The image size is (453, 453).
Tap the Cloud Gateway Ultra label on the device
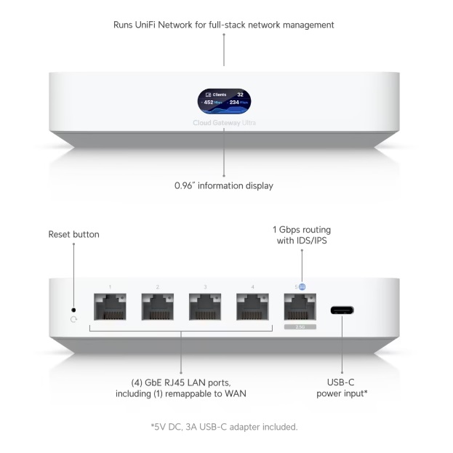tap(224, 123)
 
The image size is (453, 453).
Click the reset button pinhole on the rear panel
tap(73, 310)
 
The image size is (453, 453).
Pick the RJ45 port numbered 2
tap(157, 308)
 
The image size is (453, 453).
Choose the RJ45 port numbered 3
tap(205, 308)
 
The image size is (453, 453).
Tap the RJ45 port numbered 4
tap(253, 308)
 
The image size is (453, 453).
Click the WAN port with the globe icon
tap(300, 308)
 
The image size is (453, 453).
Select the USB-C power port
tap(342, 310)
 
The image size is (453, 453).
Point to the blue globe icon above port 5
tap(302, 286)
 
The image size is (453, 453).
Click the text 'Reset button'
tap(73, 234)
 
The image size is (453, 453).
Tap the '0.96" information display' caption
tap(224, 185)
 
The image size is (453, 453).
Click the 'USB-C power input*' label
tap(342, 388)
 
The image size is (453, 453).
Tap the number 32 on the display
tap(240, 95)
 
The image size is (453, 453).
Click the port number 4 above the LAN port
tap(253, 287)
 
